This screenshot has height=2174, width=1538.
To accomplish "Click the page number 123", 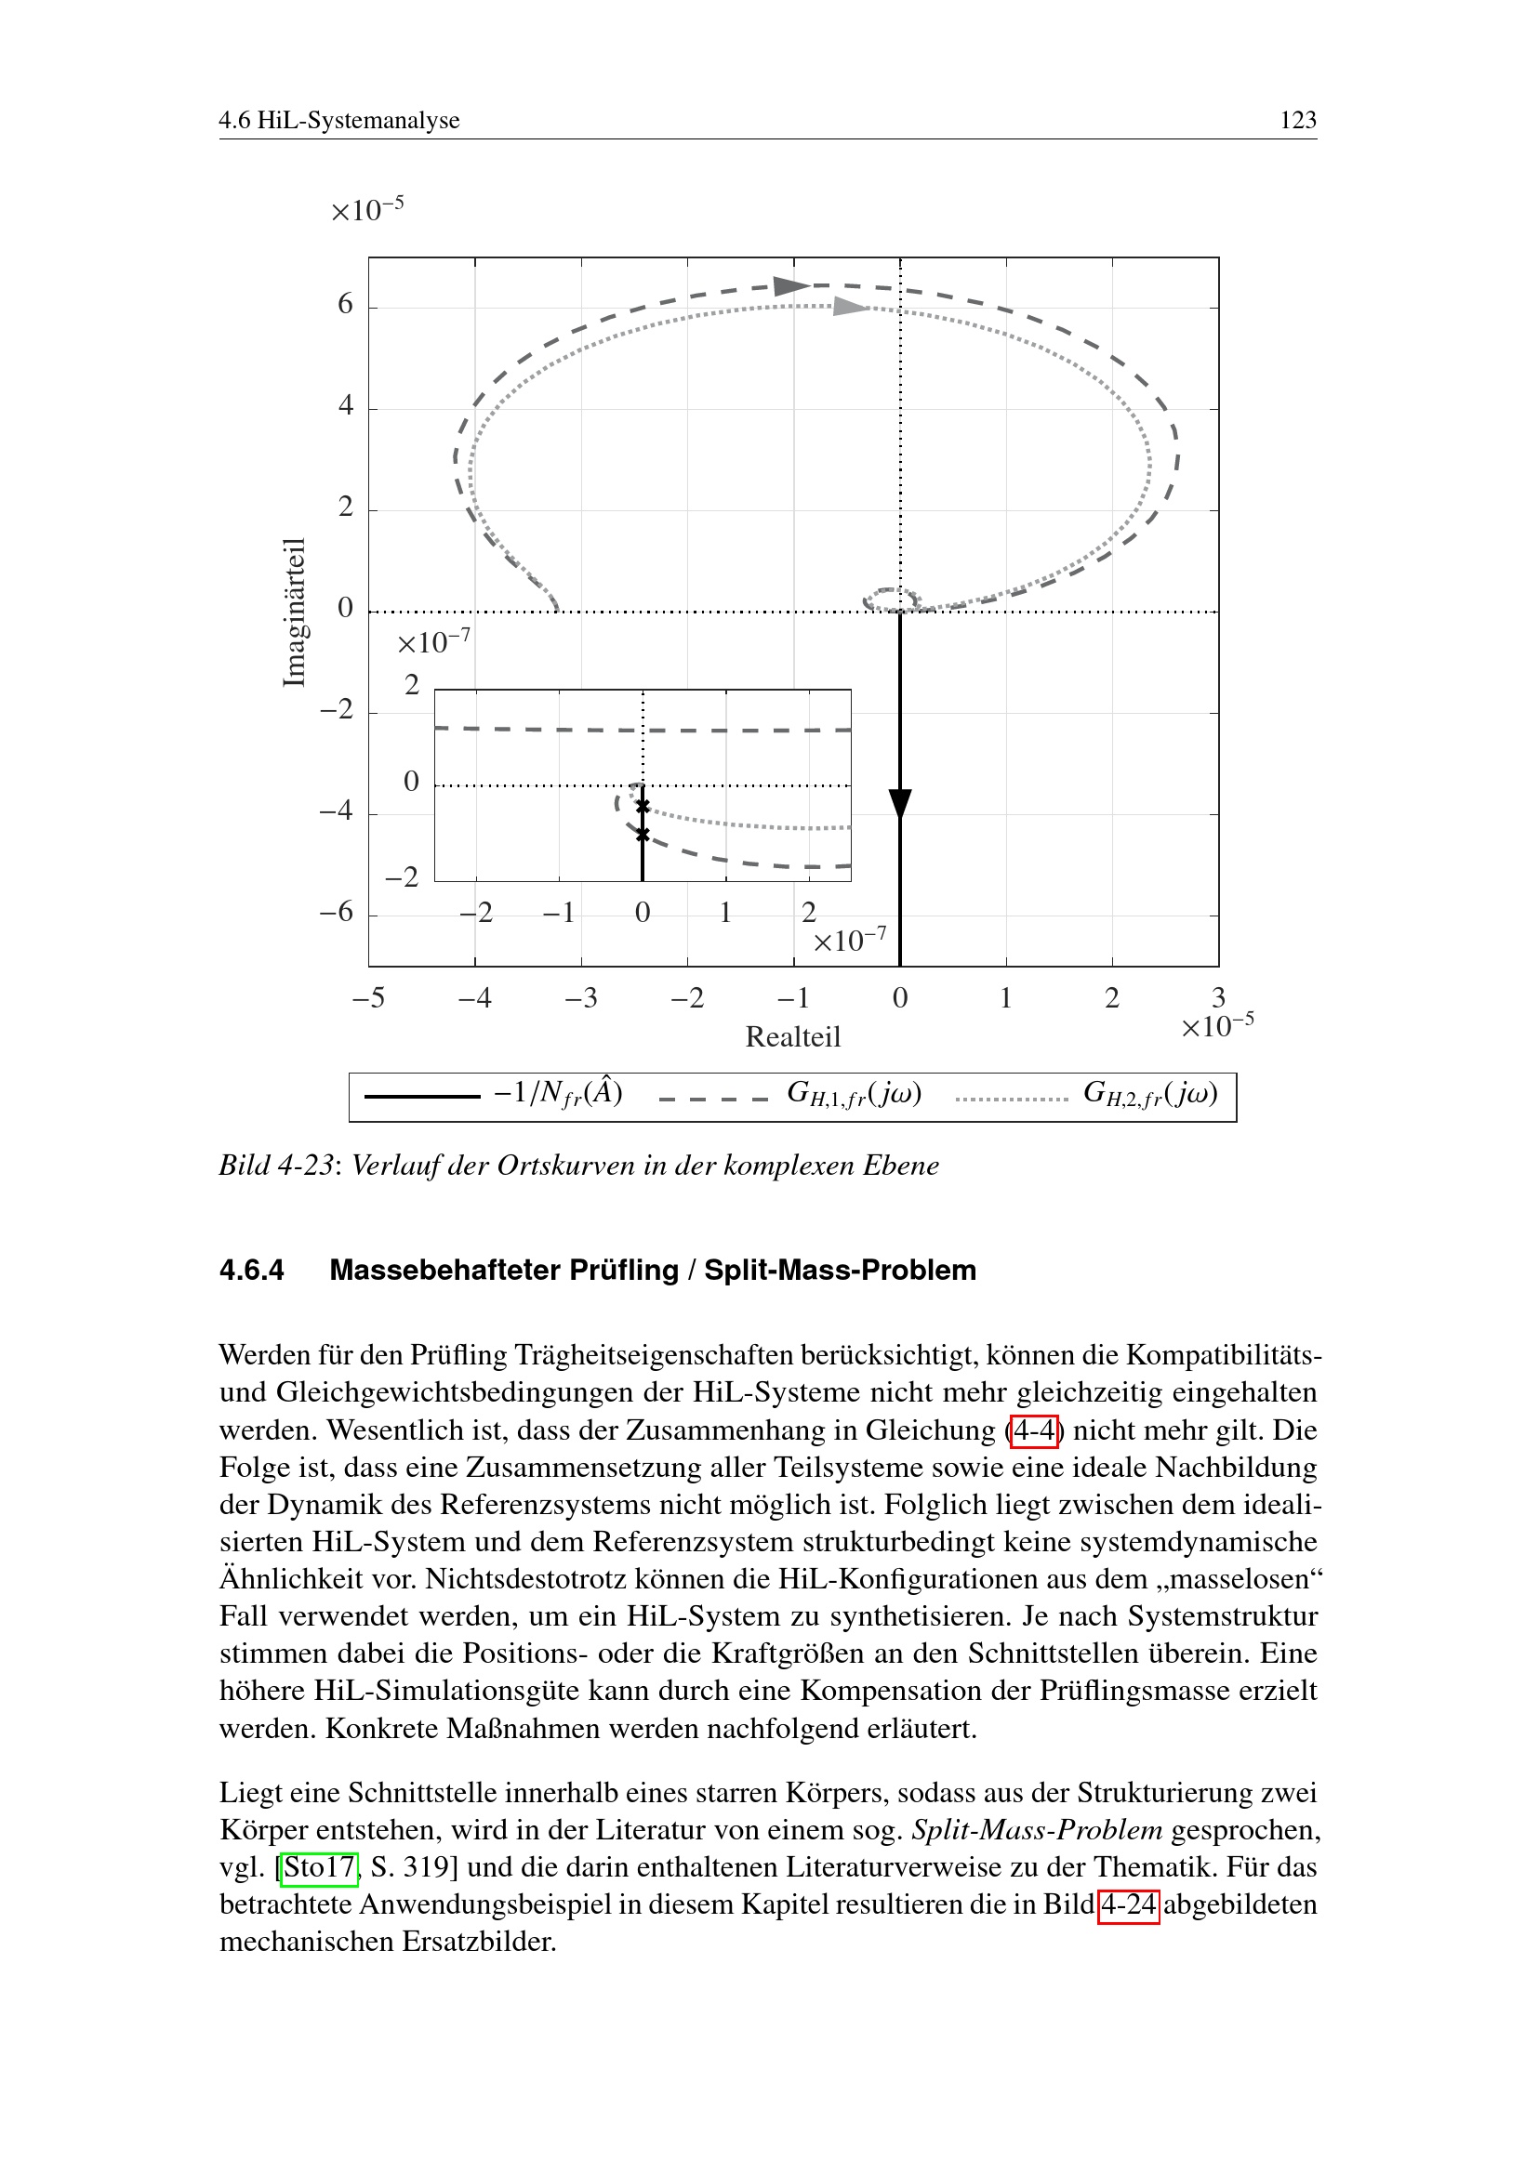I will point(1297,120).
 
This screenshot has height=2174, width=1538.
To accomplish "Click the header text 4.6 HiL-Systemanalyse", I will point(339,120).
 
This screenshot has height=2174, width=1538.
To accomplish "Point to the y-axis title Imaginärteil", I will point(296,612).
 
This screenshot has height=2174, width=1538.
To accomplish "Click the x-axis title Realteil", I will point(792,1037).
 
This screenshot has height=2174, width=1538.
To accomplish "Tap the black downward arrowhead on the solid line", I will point(900,803).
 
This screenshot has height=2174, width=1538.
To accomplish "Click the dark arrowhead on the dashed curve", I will point(789,286).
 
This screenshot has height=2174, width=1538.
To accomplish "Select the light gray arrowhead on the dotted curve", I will point(851,306).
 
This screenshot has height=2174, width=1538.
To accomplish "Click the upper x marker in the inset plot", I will point(643,807).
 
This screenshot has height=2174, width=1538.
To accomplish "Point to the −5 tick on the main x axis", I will point(368,998).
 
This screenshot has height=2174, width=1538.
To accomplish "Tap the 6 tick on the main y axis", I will point(346,305).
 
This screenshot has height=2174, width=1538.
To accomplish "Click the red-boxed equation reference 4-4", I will point(1034,1430).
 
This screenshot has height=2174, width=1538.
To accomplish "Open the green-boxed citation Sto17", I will point(319,1868).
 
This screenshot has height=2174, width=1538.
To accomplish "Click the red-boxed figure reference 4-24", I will point(1128,1905).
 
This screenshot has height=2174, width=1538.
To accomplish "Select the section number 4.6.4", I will point(252,1271).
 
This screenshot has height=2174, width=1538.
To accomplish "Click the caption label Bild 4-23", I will point(275,1166).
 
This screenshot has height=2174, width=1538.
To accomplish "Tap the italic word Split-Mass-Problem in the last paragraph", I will point(1037,1830).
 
